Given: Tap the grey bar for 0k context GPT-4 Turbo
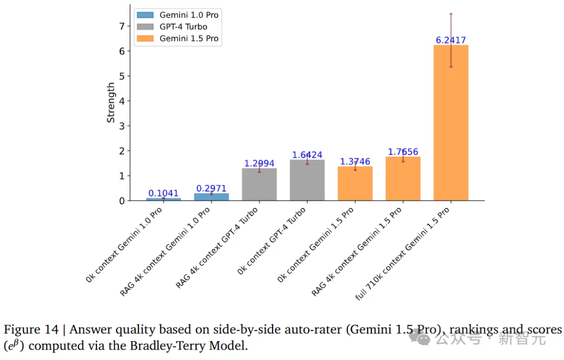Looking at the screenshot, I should (307, 180).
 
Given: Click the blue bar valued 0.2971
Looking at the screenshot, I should (211, 197).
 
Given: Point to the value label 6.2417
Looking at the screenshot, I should (451, 40).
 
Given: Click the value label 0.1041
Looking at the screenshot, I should (163, 193).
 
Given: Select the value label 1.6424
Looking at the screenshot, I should (307, 155).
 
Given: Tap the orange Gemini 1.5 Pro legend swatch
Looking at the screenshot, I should (145, 39).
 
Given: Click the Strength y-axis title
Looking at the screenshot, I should (111, 102).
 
